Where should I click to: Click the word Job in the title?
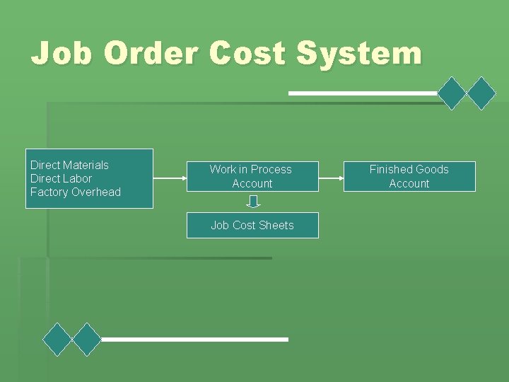point(62,54)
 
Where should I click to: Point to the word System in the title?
point(358,54)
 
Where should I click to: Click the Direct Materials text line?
point(69,165)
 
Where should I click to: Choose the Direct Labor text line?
point(61,178)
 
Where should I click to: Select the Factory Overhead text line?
point(76,192)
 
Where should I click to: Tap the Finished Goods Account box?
point(409,176)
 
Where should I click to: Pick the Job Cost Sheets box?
point(252,225)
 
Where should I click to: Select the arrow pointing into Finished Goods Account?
point(331,177)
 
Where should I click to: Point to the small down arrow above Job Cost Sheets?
point(253,202)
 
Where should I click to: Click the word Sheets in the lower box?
point(276,225)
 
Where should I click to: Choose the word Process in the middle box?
point(271,169)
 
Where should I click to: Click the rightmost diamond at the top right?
point(482,93)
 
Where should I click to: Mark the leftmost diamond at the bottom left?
point(57,340)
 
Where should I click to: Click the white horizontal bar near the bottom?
point(194,340)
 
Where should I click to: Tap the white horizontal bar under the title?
point(363,93)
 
